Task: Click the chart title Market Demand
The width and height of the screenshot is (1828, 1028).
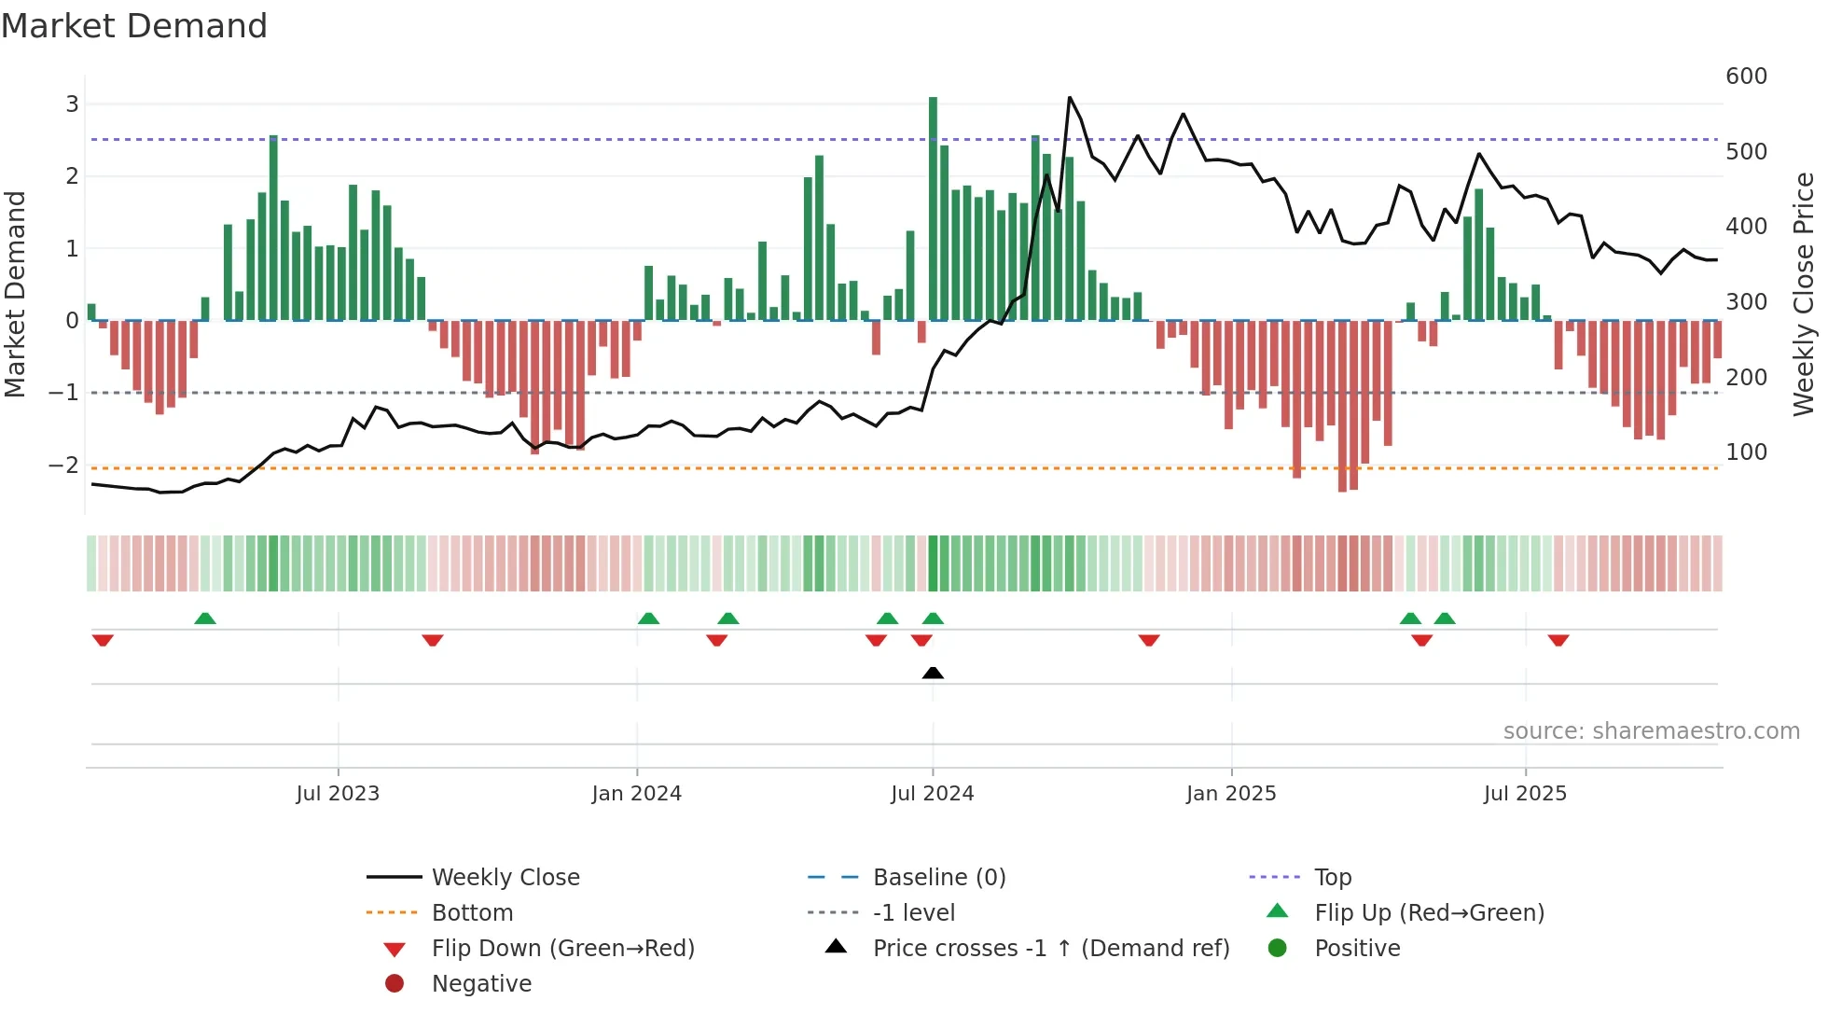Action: click(x=134, y=26)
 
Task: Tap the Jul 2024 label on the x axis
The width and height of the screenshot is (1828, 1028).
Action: click(x=932, y=794)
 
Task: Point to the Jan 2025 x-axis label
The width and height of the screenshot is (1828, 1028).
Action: click(x=1230, y=794)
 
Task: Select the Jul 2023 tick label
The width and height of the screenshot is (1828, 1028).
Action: click(x=338, y=794)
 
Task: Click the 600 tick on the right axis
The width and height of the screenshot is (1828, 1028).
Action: click(x=1746, y=76)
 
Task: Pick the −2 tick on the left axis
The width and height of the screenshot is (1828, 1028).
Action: click(x=63, y=465)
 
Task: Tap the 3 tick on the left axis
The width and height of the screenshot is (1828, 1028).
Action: click(x=72, y=104)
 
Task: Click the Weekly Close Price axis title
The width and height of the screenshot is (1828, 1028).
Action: click(x=1804, y=294)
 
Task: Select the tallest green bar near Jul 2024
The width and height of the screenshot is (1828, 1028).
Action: click(x=933, y=205)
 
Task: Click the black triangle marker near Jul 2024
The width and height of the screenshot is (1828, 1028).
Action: click(x=933, y=673)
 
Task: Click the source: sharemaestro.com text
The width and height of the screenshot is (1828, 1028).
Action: click(x=1651, y=731)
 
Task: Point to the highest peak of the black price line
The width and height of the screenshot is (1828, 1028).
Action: click(x=1070, y=98)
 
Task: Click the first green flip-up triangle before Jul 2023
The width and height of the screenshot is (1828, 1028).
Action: click(x=205, y=618)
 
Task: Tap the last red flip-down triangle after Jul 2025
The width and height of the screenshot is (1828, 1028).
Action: click(x=1558, y=640)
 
